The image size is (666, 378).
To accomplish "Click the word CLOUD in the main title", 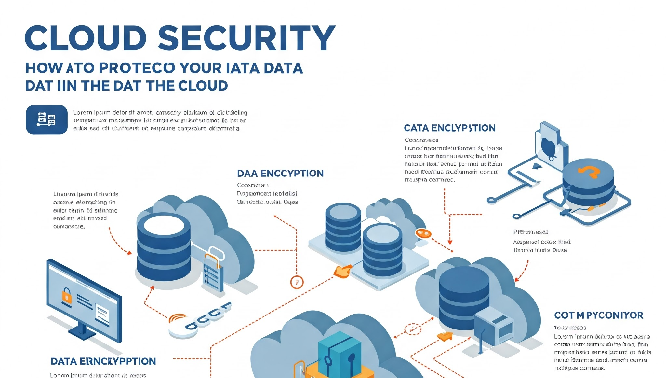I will tap(86, 38).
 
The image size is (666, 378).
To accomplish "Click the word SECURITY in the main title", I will tap(246, 38).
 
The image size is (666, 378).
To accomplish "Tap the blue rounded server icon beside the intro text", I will tap(47, 120).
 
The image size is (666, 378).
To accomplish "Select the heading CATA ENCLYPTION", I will tap(449, 128).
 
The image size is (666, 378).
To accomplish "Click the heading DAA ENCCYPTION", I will tap(280, 173).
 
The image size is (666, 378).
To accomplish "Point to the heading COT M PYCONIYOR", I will tap(598, 315).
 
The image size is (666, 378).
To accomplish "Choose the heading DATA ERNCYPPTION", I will tap(103, 361).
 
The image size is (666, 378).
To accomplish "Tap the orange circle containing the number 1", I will tap(297, 282).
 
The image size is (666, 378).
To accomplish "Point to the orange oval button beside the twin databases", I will tap(423, 233).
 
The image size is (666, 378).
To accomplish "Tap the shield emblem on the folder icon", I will tap(549, 147).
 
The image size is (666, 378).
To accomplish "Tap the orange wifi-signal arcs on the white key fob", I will tap(177, 318).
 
